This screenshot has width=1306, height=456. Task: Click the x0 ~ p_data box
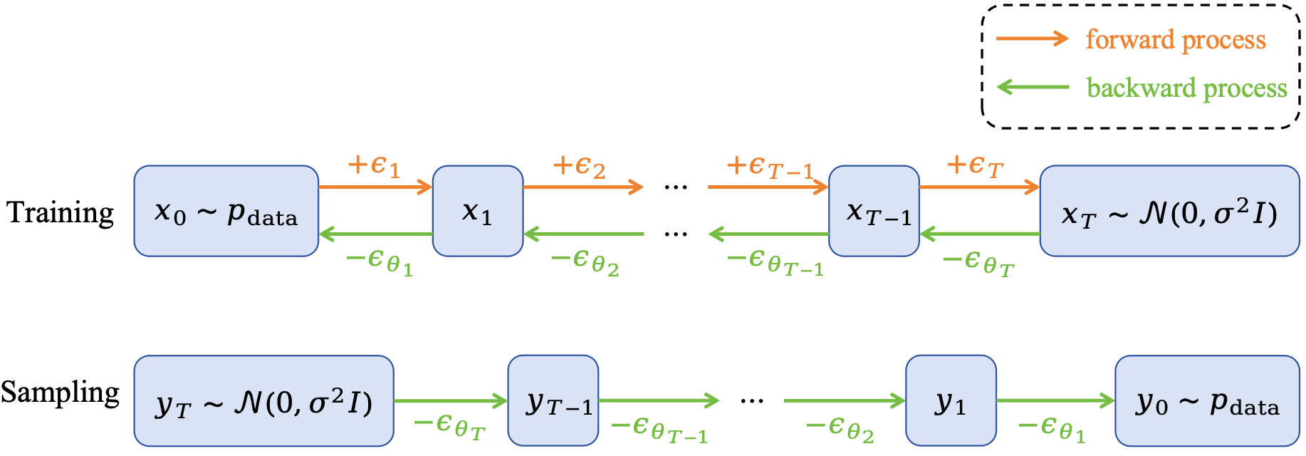226,211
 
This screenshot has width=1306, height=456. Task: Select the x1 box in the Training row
478,211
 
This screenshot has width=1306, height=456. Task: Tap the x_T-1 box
874,211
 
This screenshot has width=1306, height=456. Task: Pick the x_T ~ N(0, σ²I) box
1169,211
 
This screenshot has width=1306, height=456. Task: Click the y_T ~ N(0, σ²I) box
263,401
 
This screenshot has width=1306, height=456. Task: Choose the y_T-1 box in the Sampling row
553,400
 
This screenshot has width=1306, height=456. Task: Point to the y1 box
950,400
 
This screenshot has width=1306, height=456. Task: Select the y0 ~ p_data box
1207,401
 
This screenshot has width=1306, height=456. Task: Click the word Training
61,212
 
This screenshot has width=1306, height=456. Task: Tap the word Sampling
61,393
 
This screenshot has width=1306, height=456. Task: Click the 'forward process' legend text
1176,40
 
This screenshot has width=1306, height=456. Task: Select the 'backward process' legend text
1186,88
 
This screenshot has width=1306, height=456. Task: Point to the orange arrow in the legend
1032,38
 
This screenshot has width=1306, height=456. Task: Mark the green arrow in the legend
1033,87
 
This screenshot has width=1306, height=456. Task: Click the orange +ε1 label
374,166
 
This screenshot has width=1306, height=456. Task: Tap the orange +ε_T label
975,166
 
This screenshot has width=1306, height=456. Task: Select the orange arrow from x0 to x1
375,187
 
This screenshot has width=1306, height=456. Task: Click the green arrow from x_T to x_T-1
980,234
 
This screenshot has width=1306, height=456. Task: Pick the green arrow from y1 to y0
1055,400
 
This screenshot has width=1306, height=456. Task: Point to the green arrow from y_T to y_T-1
450,400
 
